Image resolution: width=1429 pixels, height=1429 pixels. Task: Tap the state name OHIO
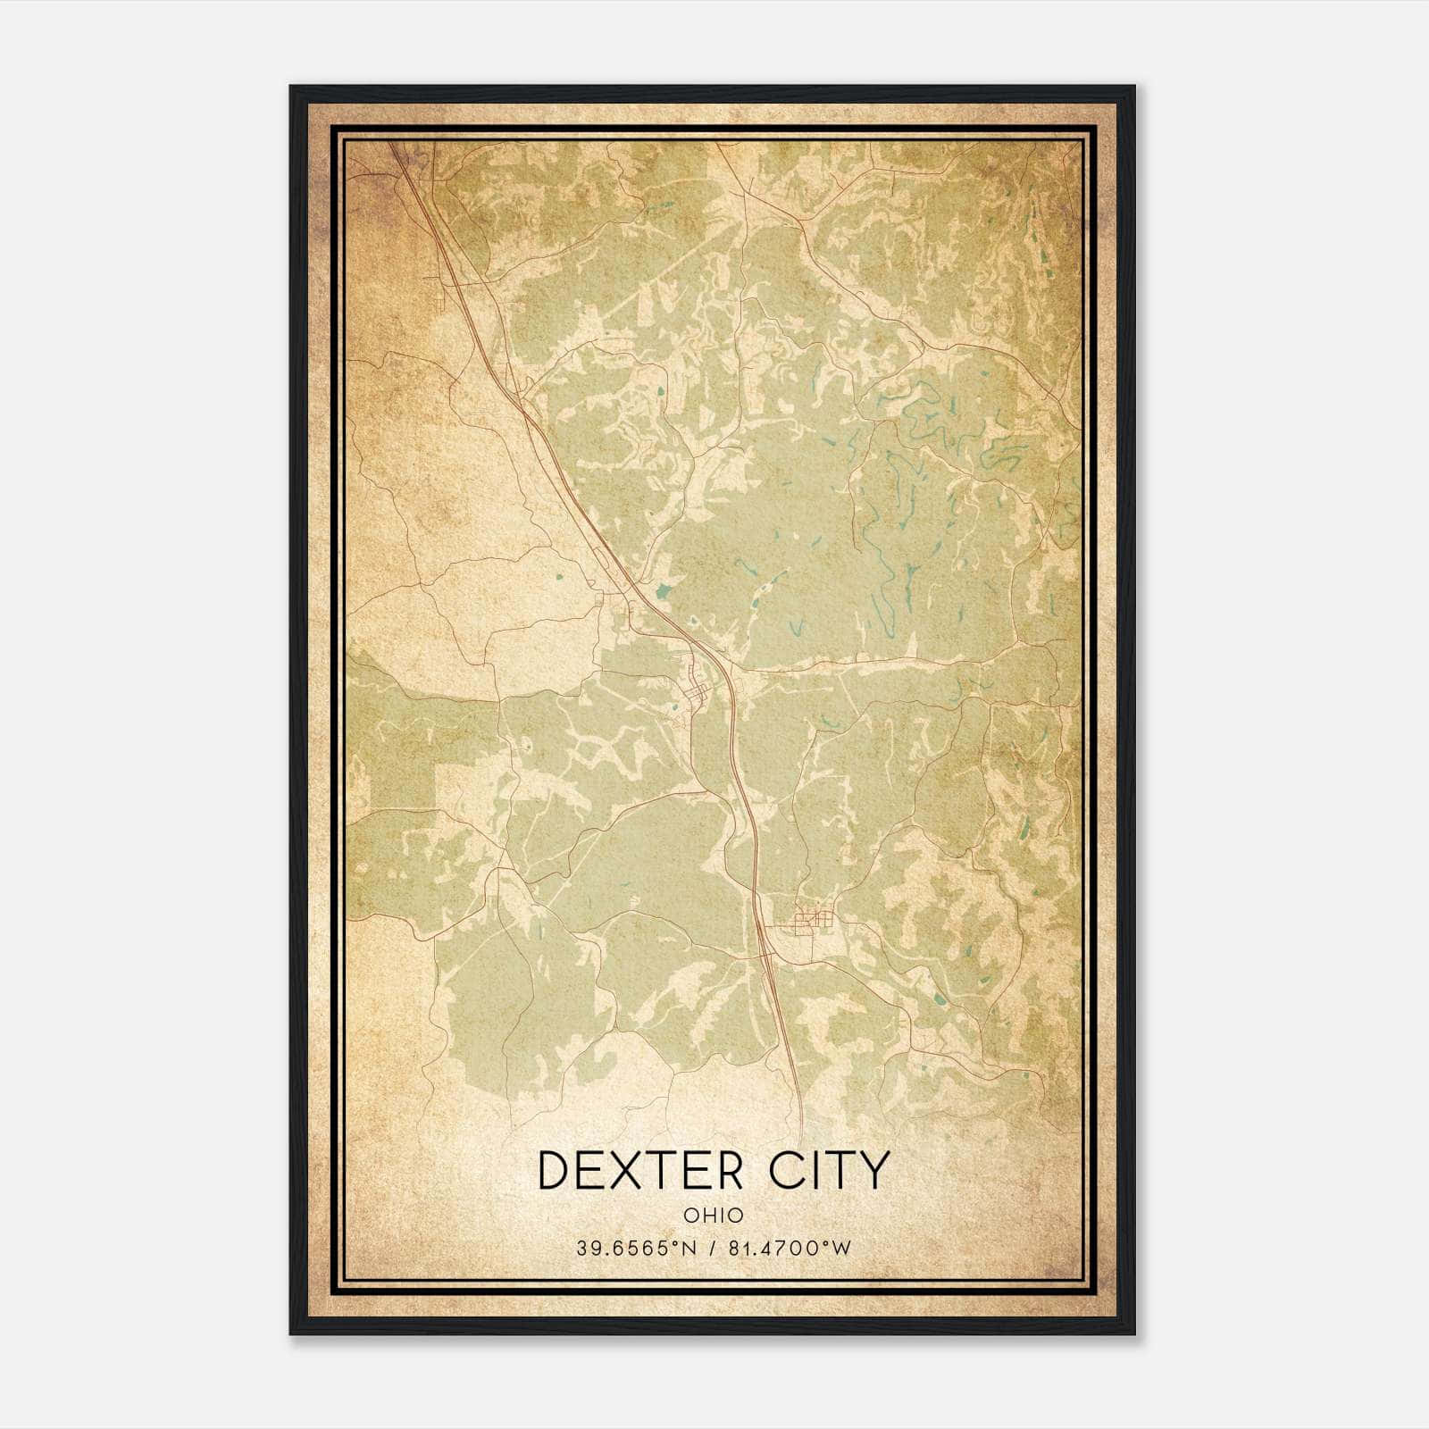pyautogui.click(x=714, y=1215)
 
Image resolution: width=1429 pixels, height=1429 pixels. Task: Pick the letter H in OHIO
pyautogui.click(x=706, y=1215)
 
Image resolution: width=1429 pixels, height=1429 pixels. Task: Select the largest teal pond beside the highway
pyautogui.click(x=663, y=590)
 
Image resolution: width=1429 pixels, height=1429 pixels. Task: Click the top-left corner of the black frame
pyautogui.click(x=290, y=87)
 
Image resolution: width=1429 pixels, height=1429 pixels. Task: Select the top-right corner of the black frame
pyautogui.click(x=1134, y=87)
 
